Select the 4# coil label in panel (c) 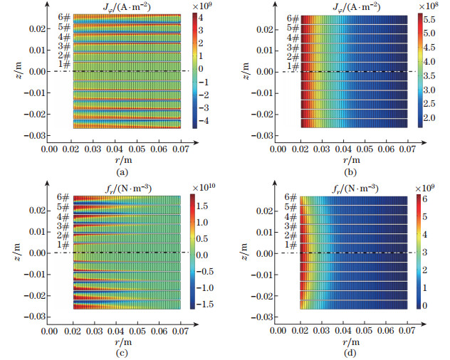tap(64, 216)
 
